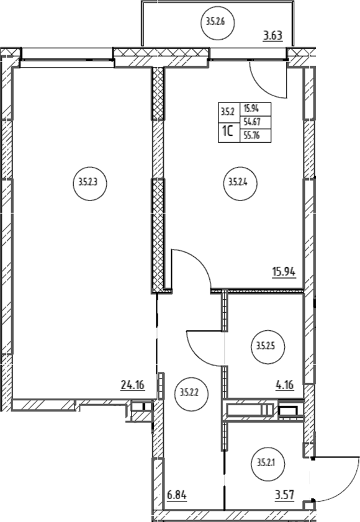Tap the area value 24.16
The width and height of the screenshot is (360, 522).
(x=133, y=385)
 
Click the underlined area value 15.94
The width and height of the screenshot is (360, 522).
(x=284, y=272)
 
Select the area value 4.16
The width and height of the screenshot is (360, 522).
(x=284, y=385)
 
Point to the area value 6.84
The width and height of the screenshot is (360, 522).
(x=176, y=495)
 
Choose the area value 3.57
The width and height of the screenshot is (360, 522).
(x=284, y=495)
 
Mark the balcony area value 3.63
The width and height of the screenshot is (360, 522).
(x=272, y=35)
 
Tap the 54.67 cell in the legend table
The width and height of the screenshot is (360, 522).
(x=256, y=122)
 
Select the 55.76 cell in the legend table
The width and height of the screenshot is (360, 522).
(x=256, y=136)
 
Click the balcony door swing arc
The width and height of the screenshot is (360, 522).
(x=263, y=89)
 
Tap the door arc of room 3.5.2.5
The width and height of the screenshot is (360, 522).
(x=197, y=356)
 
